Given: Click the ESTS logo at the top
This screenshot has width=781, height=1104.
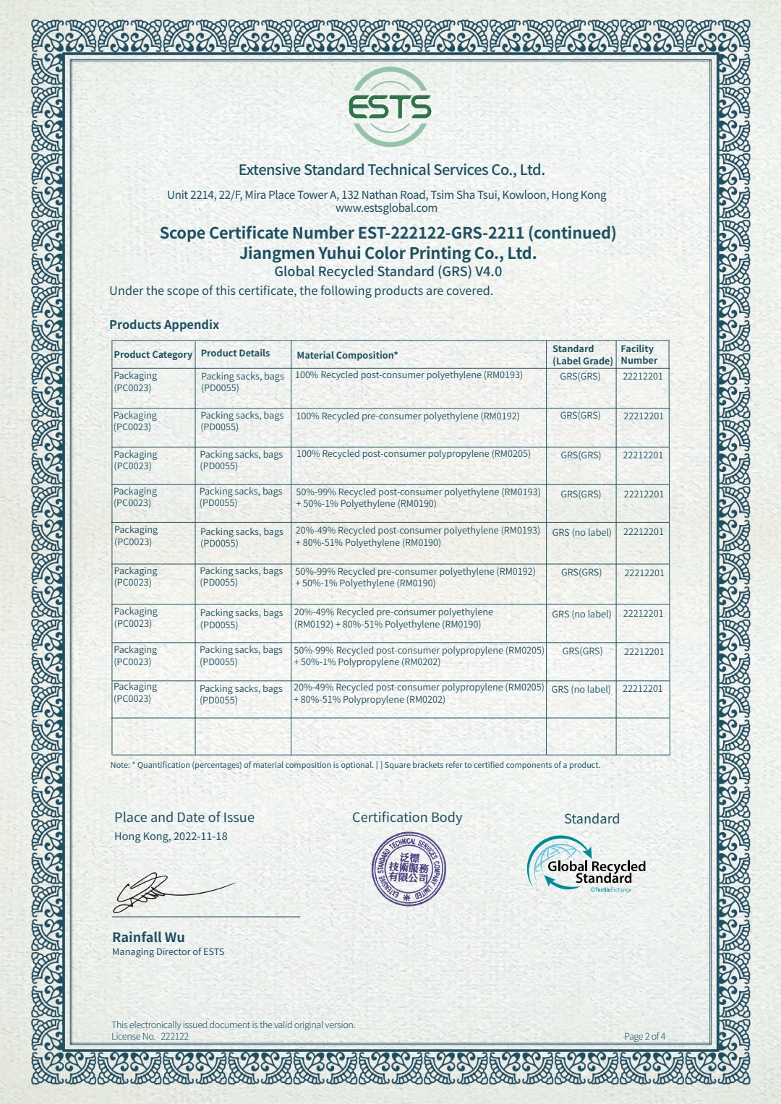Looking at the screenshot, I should [390, 107].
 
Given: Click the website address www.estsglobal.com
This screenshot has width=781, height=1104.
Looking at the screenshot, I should [386, 208].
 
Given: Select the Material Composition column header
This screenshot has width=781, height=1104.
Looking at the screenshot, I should [346, 355].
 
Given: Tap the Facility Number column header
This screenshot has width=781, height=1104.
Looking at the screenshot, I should [639, 354].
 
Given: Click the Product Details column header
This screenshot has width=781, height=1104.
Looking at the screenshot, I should [235, 354].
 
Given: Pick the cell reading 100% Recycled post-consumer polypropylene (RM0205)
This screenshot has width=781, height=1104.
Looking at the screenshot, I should [413, 454].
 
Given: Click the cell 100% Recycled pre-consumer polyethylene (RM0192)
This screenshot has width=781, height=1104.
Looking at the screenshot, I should [407, 416].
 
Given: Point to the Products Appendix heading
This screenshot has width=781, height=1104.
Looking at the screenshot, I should [164, 325].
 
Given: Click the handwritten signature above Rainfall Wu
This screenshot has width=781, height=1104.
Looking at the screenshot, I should [166, 892].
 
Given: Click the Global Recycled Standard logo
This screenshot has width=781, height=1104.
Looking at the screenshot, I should [587, 865].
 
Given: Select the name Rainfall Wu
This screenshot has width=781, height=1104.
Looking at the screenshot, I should [148, 937].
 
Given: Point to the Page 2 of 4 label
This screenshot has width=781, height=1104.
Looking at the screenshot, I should [644, 1036].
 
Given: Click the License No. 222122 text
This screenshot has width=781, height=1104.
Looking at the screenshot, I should [150, 1036].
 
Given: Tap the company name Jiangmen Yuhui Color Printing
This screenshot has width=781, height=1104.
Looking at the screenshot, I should [388, 253].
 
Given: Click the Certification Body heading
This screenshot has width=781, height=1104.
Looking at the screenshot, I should [406, 818].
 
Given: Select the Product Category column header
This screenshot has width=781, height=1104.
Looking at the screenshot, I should [153, 354].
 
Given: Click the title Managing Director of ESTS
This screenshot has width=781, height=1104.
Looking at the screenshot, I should [168, 952].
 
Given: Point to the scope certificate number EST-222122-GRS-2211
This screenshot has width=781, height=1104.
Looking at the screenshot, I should [440, 233].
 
